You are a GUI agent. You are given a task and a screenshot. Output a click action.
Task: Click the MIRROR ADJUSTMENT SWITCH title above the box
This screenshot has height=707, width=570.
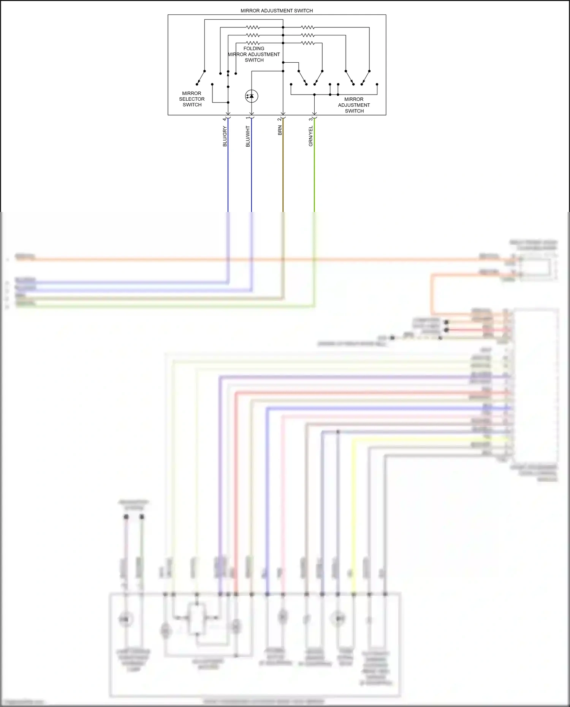277,11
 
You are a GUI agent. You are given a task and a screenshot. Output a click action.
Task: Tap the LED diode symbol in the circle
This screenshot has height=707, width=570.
252,96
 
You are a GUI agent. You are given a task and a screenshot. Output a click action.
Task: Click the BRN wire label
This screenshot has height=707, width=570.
280,131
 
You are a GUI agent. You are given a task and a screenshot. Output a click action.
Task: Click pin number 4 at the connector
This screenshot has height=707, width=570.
224,119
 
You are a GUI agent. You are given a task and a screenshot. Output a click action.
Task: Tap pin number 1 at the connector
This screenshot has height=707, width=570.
248,119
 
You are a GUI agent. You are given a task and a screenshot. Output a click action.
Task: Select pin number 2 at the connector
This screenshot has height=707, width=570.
279,119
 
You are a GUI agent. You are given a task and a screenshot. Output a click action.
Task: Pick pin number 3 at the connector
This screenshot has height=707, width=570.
310,119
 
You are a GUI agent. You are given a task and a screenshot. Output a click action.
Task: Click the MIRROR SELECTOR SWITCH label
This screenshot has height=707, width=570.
192,99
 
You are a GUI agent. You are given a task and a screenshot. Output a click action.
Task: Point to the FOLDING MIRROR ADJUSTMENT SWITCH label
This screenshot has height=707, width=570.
254,54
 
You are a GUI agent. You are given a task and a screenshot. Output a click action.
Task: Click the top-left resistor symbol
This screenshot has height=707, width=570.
253,27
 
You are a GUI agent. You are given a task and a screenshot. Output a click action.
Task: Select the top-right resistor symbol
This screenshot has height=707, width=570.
308,27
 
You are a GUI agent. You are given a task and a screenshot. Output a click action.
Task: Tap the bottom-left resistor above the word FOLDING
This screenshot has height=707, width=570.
253,43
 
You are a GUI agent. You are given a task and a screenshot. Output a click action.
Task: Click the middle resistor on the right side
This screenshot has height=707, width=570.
308,35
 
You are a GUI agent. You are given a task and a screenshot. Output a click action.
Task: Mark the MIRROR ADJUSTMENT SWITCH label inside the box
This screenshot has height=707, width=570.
354,105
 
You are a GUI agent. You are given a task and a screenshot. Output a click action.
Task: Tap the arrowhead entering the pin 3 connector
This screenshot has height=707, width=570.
314,113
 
